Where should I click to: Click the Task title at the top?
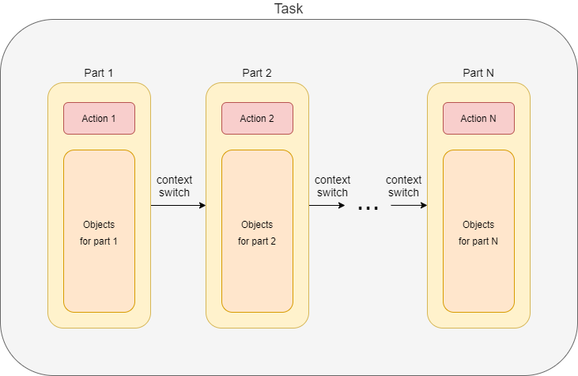[289, 9]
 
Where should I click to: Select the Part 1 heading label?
[99, 73]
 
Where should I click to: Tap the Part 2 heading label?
[257, 73]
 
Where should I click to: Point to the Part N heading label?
[478, 73]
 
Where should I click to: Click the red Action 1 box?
[99, 119]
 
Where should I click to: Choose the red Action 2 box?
[257, 119]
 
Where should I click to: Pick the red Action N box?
[478, 119]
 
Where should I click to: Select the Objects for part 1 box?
[99, 269]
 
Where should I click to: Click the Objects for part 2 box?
[257, 269]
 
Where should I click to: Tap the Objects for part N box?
[478, 269]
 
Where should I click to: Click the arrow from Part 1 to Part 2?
[178, 206]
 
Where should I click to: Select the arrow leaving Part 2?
[327, 206]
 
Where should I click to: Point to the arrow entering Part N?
[408, 206]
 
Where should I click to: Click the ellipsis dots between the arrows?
[368, 208]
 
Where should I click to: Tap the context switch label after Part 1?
[175, 186]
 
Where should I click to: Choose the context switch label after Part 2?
[332, 186]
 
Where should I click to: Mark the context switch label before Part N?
[403, 186]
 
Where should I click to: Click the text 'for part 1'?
[99, 241]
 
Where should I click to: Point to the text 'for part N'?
[478, 241]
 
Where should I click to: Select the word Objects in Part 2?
[257, 225]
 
